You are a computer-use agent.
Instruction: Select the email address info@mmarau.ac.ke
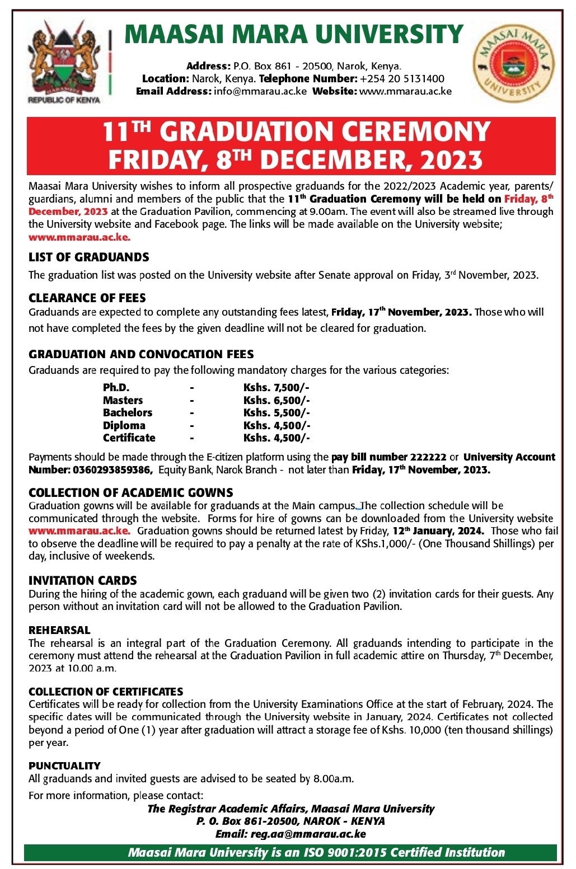tap(260, 91)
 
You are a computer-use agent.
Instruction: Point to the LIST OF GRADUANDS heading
tap(89, 257)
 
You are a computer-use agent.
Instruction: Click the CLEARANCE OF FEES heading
tap(87, 298)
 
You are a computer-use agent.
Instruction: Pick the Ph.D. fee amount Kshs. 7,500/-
tap(277, 388)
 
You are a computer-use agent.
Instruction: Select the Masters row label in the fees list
tap(123, 400)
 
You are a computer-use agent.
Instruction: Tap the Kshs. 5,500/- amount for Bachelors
tap(277, 413)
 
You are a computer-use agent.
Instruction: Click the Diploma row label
tap(124, 425)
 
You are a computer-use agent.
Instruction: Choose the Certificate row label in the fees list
tap(129, 438)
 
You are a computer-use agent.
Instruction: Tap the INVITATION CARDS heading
tap(83, 580)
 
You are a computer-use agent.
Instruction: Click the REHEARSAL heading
tap(59, 630)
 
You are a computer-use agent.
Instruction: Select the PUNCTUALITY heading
tap(64, 765)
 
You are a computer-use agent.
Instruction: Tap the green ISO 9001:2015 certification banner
tap(290, 853)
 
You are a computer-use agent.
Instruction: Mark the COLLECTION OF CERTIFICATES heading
tap(106, 692)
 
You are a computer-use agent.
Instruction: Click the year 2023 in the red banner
tap(451, 160)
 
